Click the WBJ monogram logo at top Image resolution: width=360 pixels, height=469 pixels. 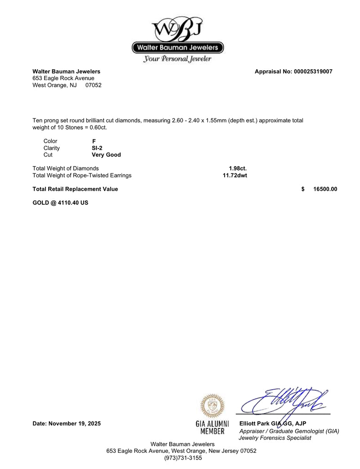pos(178,29)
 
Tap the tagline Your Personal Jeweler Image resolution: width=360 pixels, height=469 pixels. pos(177,59)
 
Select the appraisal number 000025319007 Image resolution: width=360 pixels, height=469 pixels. pos(310,72)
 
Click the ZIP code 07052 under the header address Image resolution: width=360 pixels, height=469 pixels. pos(94,85)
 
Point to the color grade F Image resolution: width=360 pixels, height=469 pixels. pos(94,141)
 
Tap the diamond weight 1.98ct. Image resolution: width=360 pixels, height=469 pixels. pos(238,168)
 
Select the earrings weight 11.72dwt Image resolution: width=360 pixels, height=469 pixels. pos(235,176)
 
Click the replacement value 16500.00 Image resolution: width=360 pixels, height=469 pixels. pos(325,189)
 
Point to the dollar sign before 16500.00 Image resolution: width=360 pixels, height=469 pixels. pos(303,189)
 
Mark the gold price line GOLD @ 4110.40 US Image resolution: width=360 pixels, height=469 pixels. pos(60,203)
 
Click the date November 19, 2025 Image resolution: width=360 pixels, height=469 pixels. pos(75,424)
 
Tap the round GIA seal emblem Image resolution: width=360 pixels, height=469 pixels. pos(212,406)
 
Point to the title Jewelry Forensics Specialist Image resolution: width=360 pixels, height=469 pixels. pos(275,438)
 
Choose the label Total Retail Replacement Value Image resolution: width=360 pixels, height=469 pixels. pos(75,189)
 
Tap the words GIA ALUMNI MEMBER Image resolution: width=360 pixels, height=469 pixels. pos(212,428)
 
